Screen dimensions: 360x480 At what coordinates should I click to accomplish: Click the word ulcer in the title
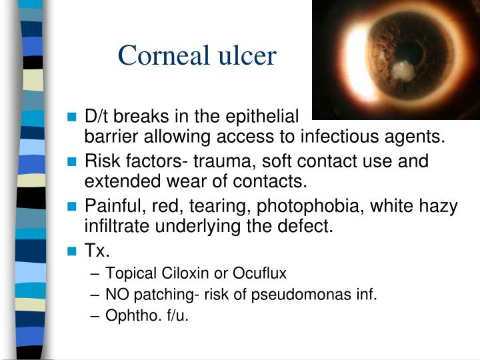coord(245,55)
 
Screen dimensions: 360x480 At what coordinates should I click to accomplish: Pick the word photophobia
coord(314,206)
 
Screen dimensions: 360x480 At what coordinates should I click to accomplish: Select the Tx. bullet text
coord(98,251)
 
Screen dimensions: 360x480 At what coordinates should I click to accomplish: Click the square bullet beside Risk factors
coord(73,162)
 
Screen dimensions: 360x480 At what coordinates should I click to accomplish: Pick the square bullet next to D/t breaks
coord(73,117)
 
